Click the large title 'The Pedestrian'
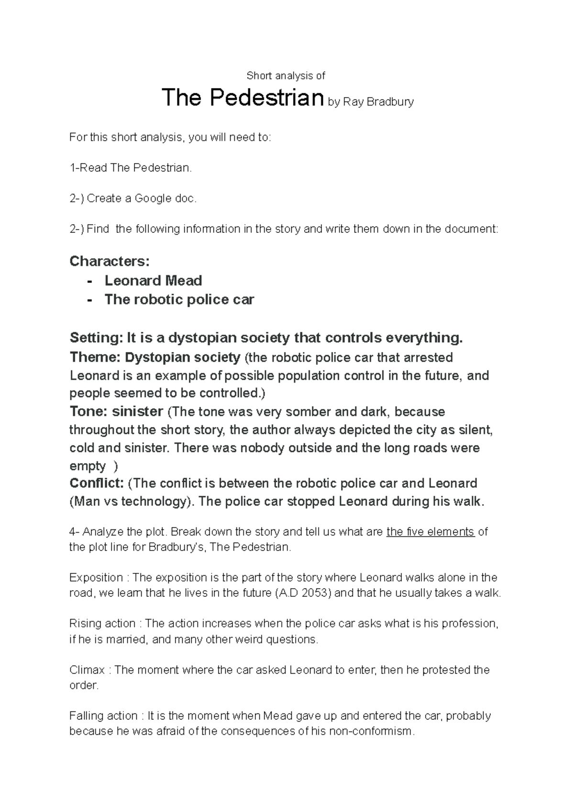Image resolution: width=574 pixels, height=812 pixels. click(243, 98)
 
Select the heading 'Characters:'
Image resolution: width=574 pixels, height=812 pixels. click(110, 261)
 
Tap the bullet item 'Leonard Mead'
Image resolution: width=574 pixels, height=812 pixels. click(153, 280)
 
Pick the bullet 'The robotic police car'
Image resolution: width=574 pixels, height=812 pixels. click(179, 299)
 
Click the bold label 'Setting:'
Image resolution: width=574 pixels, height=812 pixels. click(96, 338)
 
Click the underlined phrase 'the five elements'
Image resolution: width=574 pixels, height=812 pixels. click(430, 532)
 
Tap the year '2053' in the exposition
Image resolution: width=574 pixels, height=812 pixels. click(318, 593)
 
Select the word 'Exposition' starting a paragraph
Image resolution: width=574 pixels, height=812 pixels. click(96, 577)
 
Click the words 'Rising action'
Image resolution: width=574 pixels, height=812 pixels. click(102, 624)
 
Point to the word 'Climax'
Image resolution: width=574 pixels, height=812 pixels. click(87, 669)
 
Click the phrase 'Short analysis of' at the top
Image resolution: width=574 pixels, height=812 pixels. click(286, 76)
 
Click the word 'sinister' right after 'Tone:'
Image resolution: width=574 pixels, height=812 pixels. click(138, 412)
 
